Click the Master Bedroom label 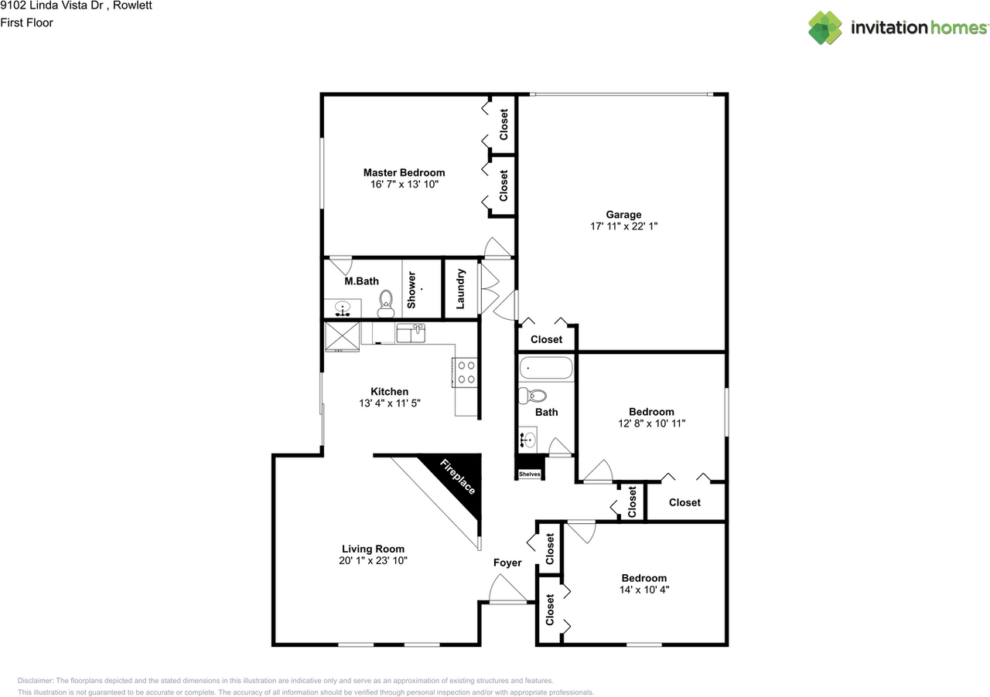(404, 172)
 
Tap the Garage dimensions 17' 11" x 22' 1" (623, 227)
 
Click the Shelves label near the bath (529, 474)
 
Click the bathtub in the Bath (546, 369)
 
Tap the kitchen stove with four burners (465, 372)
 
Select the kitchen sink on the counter (410, 334)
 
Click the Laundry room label (461, 288)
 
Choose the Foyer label (507, 563)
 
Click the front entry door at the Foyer (508, 592)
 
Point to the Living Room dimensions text (373, 561)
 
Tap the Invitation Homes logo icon (825, 28)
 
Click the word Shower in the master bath (411, 289)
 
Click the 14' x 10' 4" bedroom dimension (643, 590)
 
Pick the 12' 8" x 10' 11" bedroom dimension (651, 423)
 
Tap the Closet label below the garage (546, 339)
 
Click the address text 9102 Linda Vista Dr (54, 6)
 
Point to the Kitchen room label (389, 392)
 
